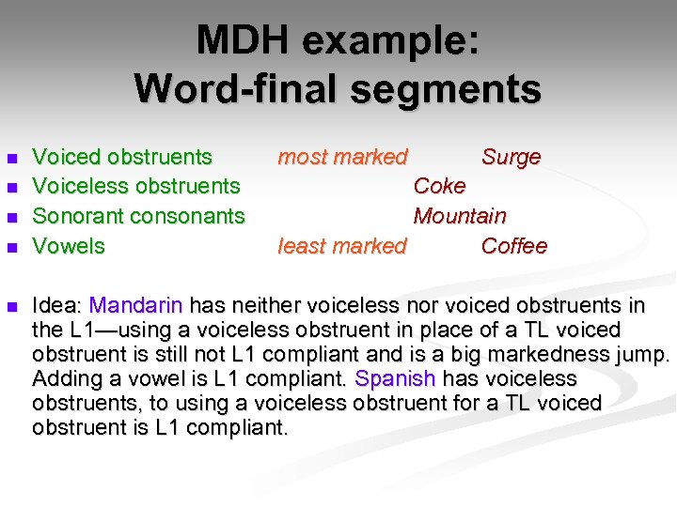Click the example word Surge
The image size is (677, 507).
tap(511, 157)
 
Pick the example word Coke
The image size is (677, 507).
tap(439, 186)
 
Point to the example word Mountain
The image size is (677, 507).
tap(460, 216)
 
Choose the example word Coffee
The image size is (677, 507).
tap(513, 246)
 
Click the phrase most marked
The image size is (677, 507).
tap(342, 157)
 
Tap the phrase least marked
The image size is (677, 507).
tap(342, 246)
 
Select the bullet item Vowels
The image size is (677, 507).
tap(69, 246)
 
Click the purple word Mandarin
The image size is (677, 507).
tap(138, 305)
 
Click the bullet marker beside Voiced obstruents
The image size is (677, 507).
tap(11, 158)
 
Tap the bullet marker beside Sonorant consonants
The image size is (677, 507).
tap(11, 217)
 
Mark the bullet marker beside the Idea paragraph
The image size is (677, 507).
tap(11, 306)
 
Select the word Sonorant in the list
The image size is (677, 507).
tap(76, 216)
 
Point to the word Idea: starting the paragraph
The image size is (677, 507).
tap(57, 305)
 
